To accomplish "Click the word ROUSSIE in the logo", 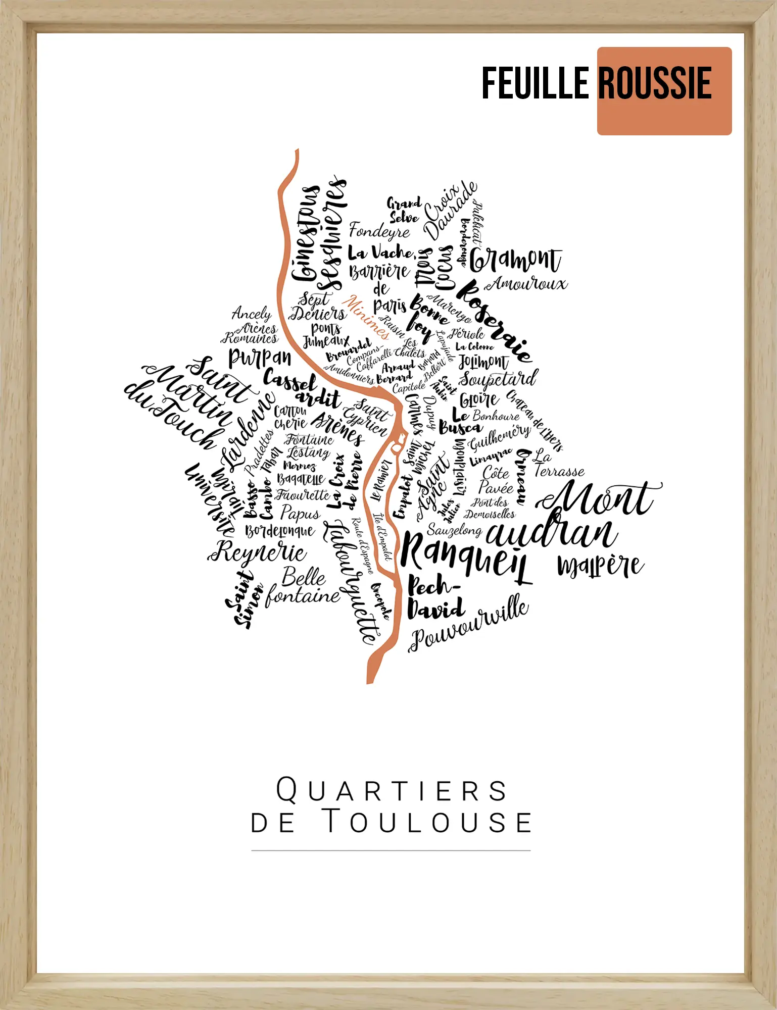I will point(655,83).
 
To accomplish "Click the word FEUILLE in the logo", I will point(536,83).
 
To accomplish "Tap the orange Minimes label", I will point(366,317).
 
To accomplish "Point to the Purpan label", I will point(260,358).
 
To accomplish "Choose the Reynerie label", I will point(258,551).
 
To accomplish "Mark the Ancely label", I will point(252,314).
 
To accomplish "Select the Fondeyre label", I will point(379,231).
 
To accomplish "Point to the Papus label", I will point(300,513).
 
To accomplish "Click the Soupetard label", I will point(498,379).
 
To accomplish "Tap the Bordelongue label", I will point(280,531).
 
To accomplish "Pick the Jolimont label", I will point(483,362).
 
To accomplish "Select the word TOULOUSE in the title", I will point(427,822).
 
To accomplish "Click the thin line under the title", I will point(391,851).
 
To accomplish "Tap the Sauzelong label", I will point(454,530).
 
